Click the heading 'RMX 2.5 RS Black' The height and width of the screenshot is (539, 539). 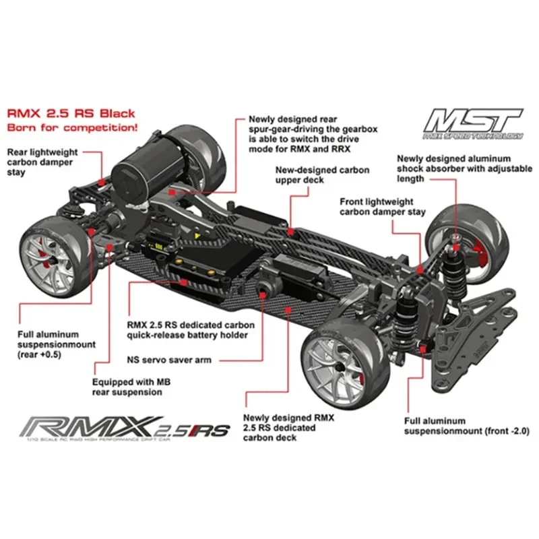pyautogui.click(x=71, y=113)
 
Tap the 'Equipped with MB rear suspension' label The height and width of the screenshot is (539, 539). pyautogui.click(x=133, y=387)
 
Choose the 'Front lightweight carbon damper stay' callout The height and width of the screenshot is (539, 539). pyautogui.click(x=383, y=206)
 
